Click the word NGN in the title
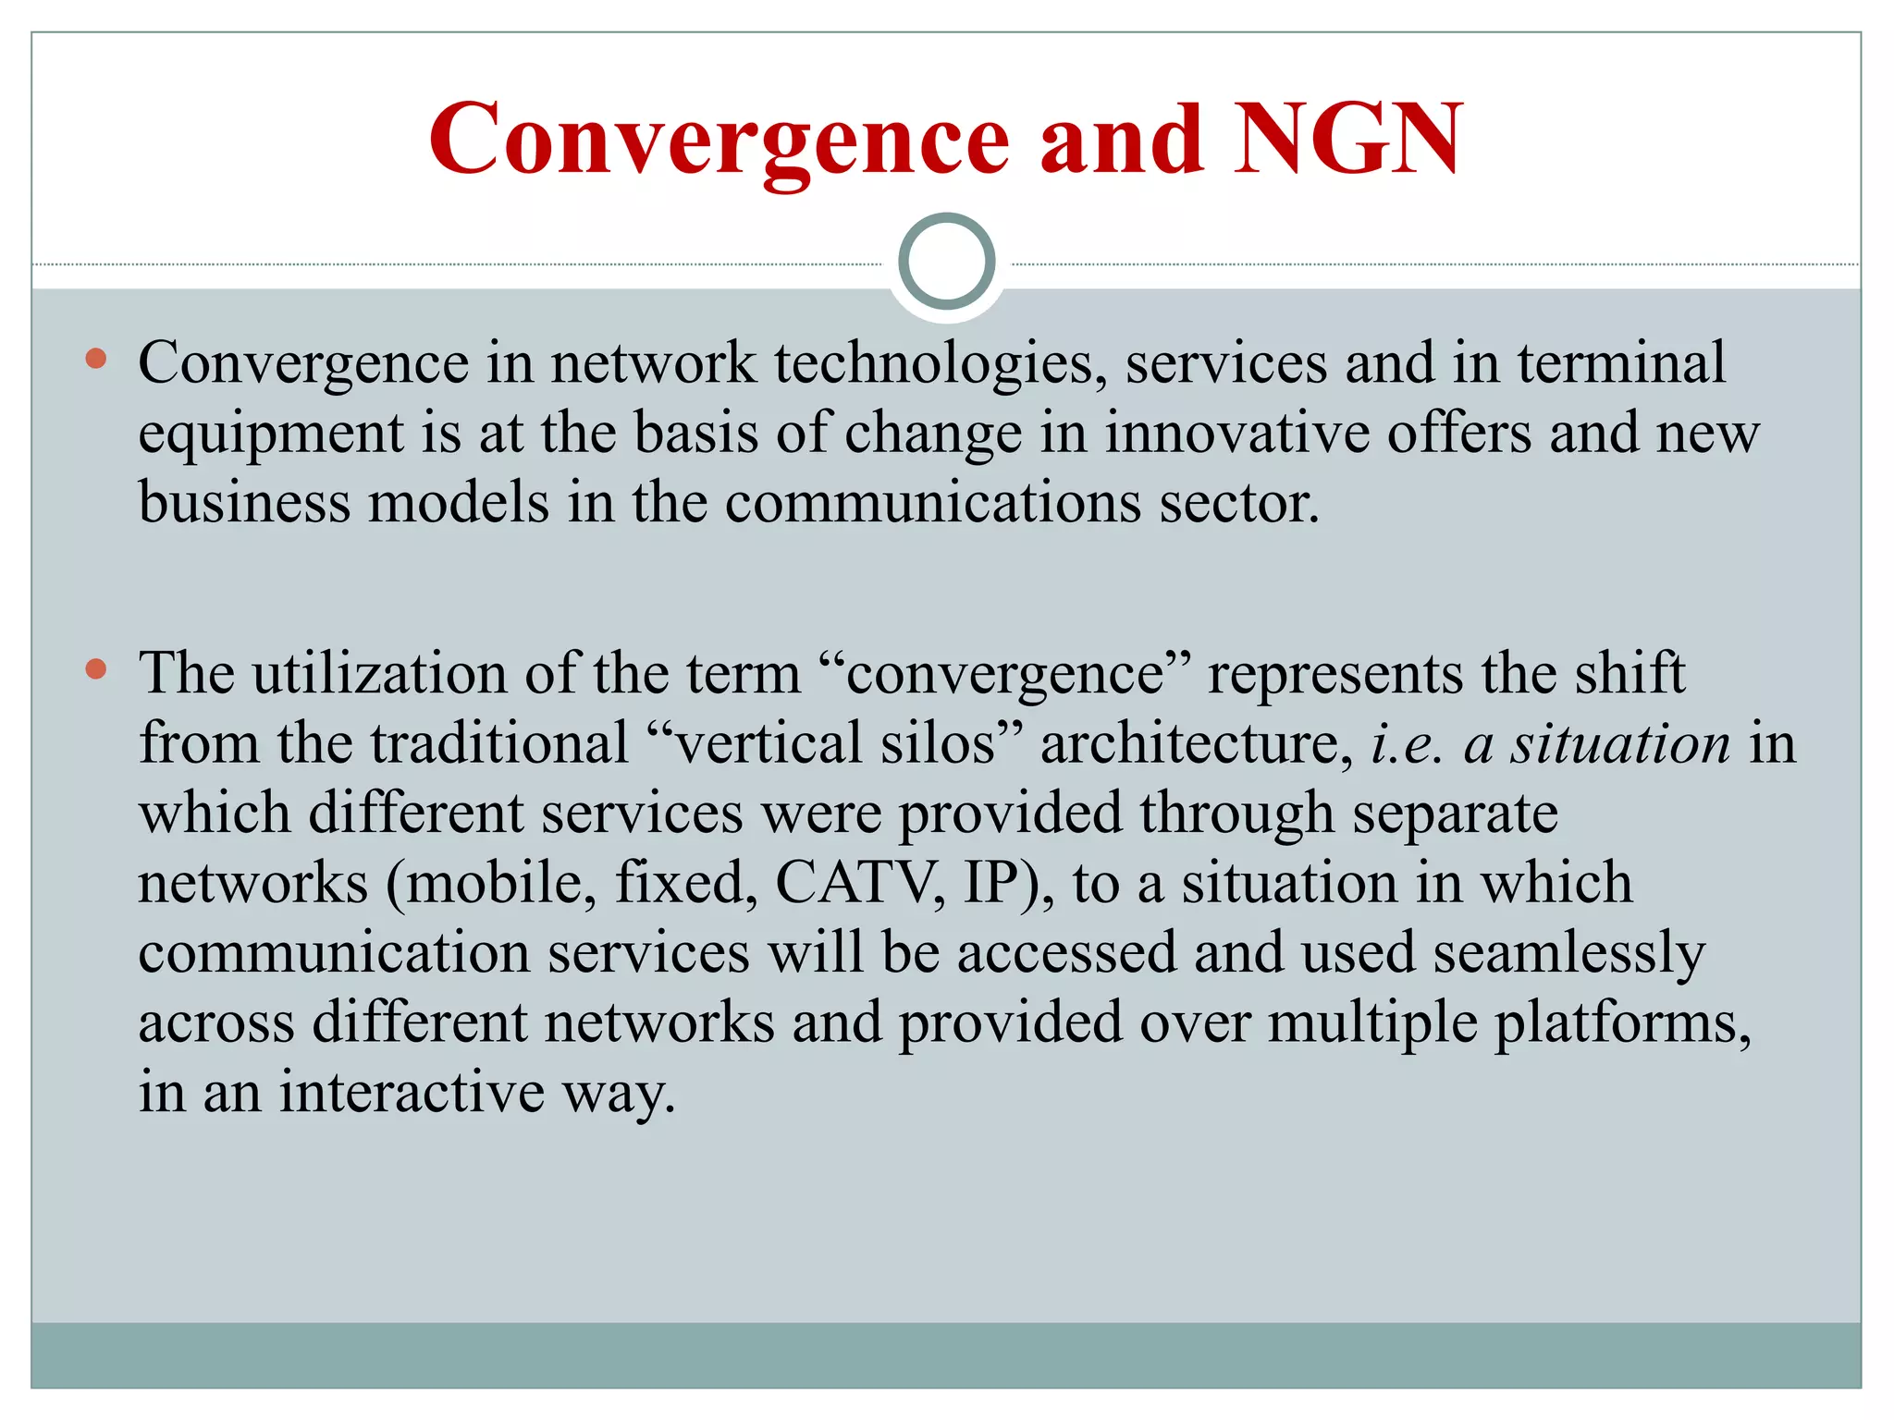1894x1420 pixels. [1349, 139]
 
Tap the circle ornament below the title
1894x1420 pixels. [946, 262]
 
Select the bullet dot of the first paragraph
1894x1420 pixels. [96, 359]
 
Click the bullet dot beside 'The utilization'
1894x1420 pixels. [96, 668]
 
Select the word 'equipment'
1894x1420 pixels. [271, 435]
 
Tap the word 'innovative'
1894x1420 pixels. [1237, 433]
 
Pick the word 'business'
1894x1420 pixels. [244, 503]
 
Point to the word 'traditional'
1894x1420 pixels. [499, 743]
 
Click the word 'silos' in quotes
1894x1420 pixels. [937, 743]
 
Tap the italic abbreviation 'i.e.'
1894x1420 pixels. [1407, 743]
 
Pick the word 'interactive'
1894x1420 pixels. [412, 1093]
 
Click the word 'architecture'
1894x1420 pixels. [1191, 743]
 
